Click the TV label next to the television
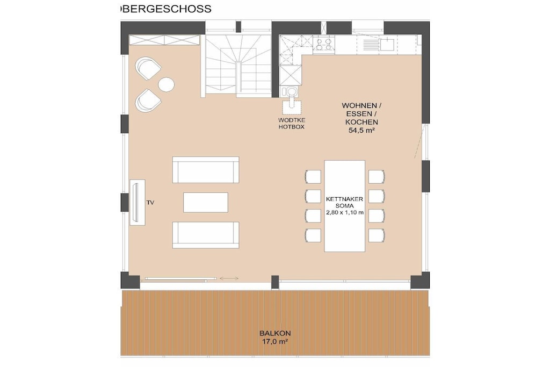(150, 203)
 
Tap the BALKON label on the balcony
(275, 333)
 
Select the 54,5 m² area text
(361, 131)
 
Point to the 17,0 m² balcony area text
(275, 341)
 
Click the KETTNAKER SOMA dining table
(344, 206)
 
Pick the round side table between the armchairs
(167, 84)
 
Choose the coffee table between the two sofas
(206, 202)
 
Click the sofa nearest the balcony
(206, 235)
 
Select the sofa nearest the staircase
(206, 170)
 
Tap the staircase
(238, 65)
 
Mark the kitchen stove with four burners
(323, 44)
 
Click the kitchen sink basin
(387, 45)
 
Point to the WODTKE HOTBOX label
(292, 124)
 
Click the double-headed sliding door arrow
(229, 278)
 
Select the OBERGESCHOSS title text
(165, 9)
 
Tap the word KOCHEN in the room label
(361, 122)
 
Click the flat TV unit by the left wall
(137, 203)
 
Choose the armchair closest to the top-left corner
(148, 68)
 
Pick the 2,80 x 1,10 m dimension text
(344, 212)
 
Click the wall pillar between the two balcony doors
(275, 281)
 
